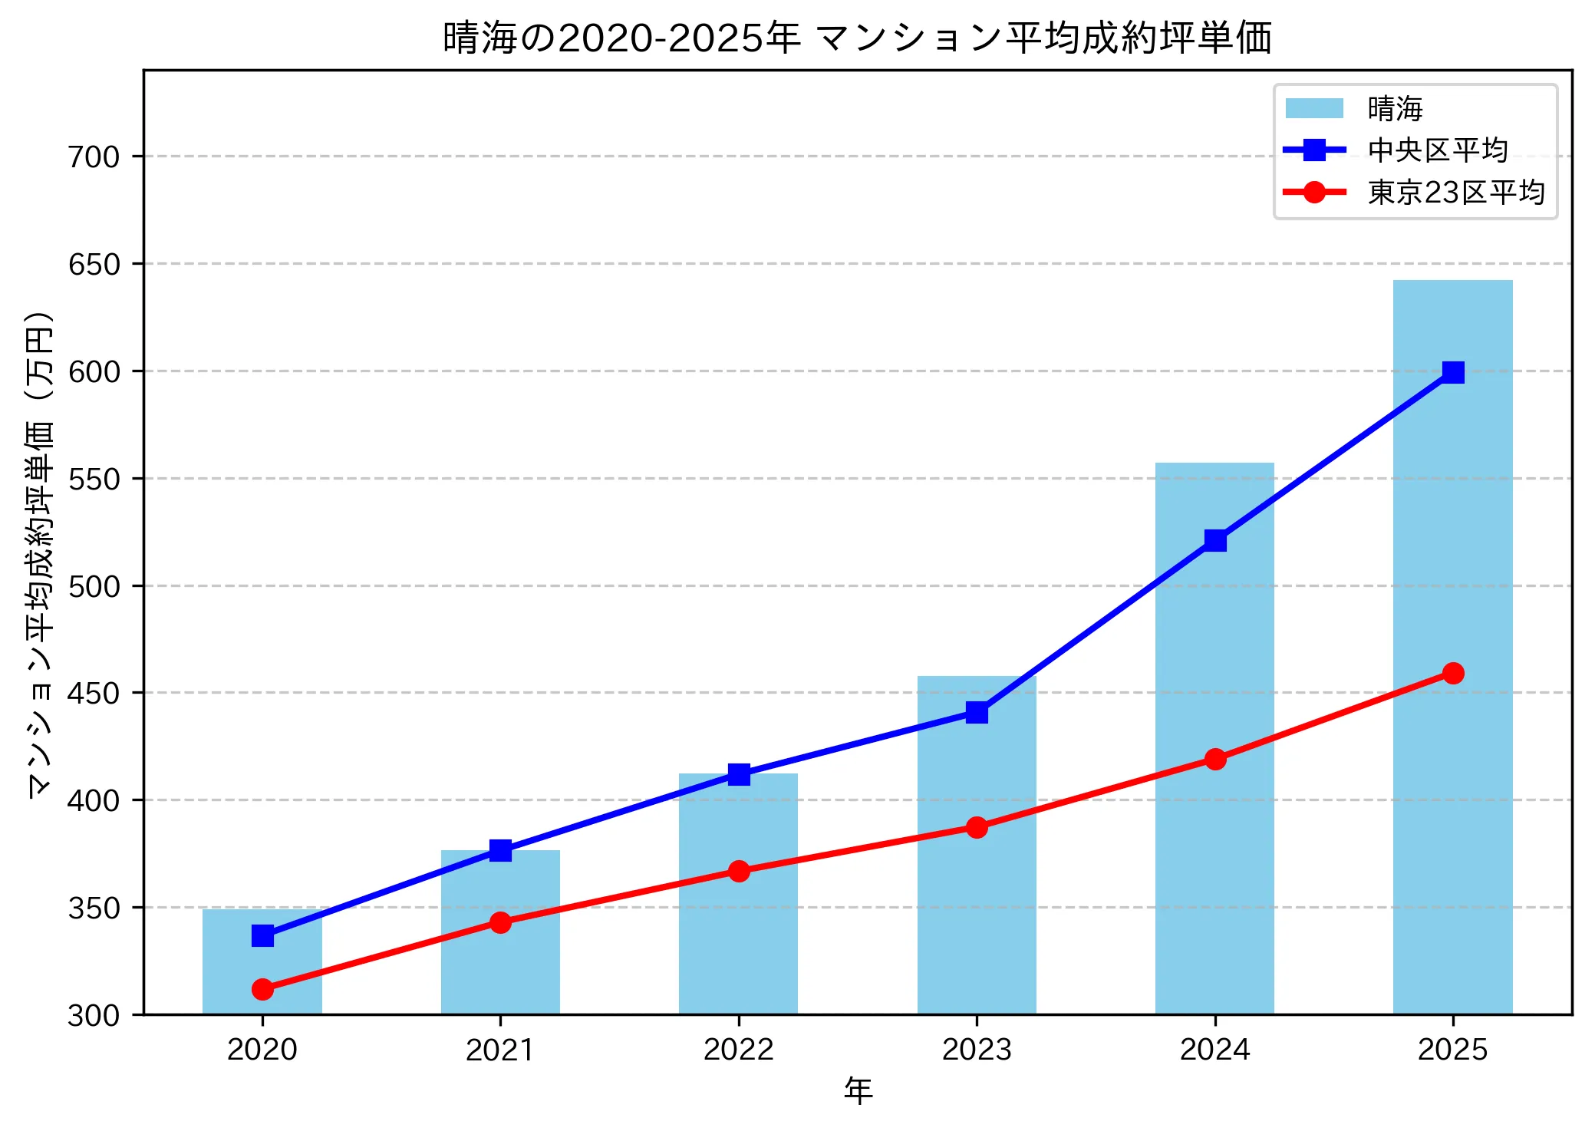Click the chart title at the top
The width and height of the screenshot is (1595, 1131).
point(857,38)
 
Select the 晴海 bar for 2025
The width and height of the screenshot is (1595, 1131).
point(1452,691)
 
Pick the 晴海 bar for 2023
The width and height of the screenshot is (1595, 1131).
point(976,882)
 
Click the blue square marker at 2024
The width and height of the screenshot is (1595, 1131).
point(1214,541)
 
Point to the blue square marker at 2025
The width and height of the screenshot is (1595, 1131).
point(1452,373)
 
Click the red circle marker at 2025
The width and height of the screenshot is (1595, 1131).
point(1452,674)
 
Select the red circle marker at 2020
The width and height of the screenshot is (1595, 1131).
point(262,989)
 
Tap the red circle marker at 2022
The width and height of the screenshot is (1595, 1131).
point(739,871)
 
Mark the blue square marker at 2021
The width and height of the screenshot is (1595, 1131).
point(500,850)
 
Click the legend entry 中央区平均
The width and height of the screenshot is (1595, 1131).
point(1438,150)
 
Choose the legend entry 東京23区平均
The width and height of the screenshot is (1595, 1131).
point(1455,192)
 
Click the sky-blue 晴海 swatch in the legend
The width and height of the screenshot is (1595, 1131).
point(1314,109)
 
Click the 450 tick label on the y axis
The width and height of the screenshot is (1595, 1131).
point(94,694)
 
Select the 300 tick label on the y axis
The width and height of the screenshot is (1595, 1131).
point(94,1016)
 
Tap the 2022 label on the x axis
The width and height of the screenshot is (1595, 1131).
point(739,1050)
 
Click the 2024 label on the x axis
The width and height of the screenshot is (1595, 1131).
point(1214,1050)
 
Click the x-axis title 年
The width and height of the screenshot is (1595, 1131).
point(858,1091)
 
